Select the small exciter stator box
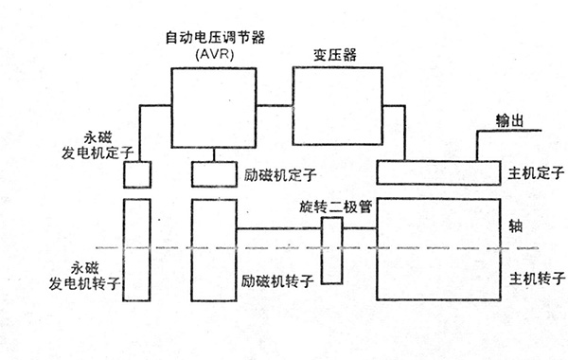point(212,174)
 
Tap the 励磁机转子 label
point(277,282)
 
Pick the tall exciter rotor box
point(212,250)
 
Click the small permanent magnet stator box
point(138,174)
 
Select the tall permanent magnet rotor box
point(138,250)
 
